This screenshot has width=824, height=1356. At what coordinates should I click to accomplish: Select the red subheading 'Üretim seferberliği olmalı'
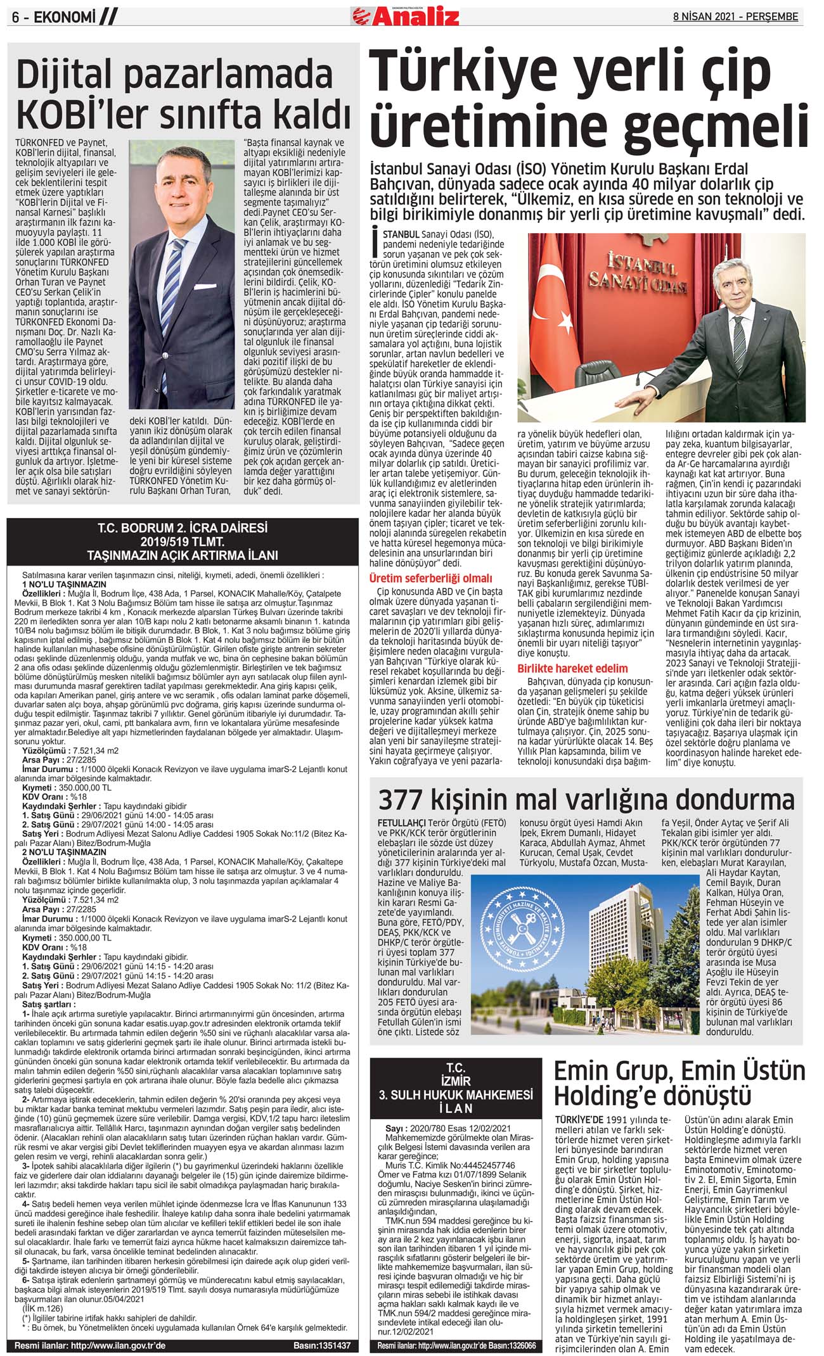tap(430, 578)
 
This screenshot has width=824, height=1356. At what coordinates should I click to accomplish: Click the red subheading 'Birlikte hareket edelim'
tap(572, 668)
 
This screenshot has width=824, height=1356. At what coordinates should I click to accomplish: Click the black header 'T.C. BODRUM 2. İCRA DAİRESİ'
tap(183, 528)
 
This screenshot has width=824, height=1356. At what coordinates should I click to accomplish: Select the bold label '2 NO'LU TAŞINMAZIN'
tap(64, 852)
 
